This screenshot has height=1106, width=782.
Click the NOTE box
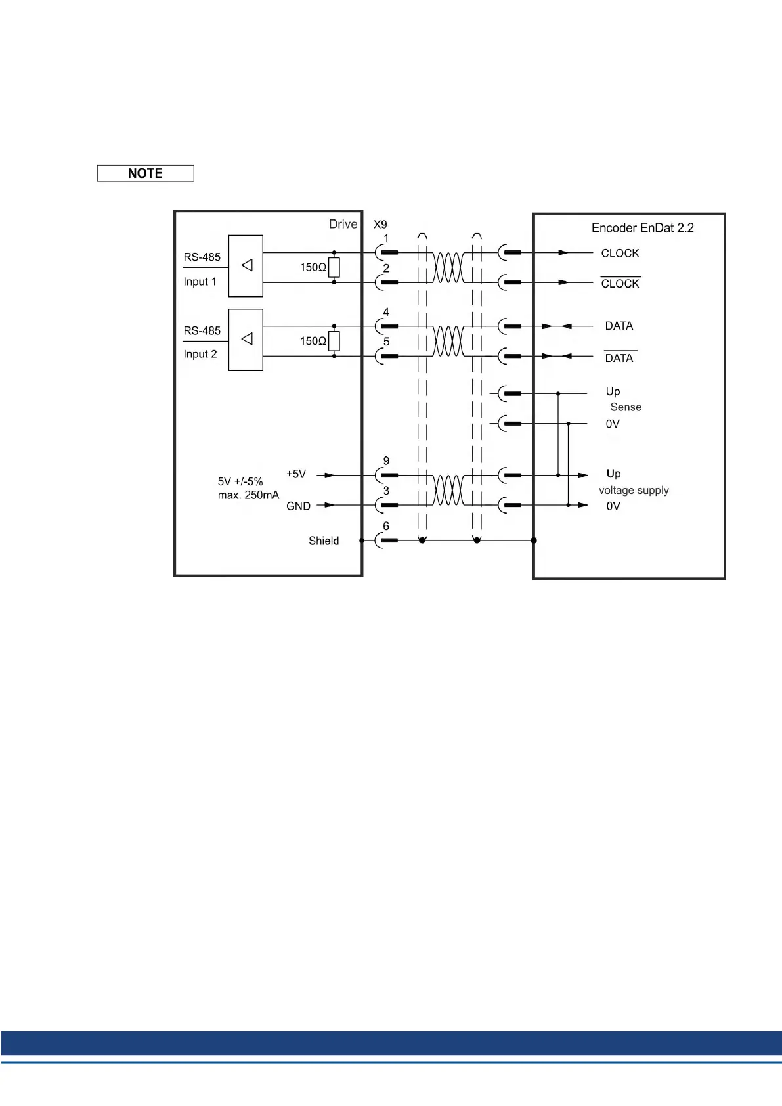pyautogui.click(x=145, y=173)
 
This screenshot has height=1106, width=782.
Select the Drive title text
pyautogui.click(x=343, y=224)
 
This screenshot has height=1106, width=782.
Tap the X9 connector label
pyautogui.click(x=380, y=225)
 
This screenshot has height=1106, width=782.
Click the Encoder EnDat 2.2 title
pyautogui.click(x=642, y=228)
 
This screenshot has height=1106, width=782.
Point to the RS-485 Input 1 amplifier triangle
pyautogui.click(x=247, y=265)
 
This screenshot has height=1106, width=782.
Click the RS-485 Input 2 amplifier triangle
pyautogui.click(x=247, y=339)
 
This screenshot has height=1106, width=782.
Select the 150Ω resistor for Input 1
pyautogui.click(x=334, y=267)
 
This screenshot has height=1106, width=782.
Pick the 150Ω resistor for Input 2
pyautogui.click(x=334, y=341)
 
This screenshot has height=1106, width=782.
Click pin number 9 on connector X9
pyautogui.click(x=386, y=461)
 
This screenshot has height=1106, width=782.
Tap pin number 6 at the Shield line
pyautogui.click(x=386, y=526)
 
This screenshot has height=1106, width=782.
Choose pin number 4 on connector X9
pyautogui.click(x=386, y=312)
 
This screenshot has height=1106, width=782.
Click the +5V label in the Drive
pyautogui.click(x=296, y=474)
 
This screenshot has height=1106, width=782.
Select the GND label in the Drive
pyautogui.click(x=298, y=506)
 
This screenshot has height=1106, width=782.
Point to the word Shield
pyautogui.click(x=324, y=541)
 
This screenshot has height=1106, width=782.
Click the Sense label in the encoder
pyautogui.click(x=626, y=407)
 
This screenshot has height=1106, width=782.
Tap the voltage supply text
pyautogui.click(x=634, y=491)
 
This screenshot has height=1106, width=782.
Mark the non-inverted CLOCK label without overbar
pyautogui.click(x=620, y=254)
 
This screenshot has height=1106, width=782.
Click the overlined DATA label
pyautogui.click(x=619, y=358)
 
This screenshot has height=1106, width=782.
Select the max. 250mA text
pyautogui.click(x=248, y=495)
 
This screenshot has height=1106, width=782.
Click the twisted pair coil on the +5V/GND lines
pyautogui.click(x=448, y=490)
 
